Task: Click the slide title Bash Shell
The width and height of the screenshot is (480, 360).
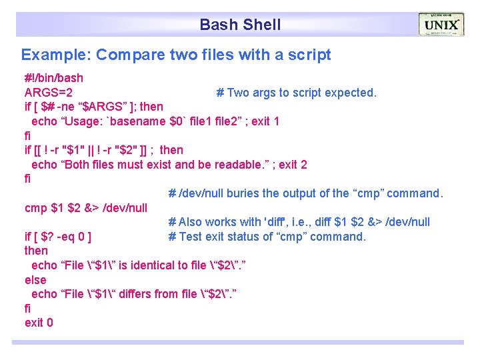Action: tap(240, 25)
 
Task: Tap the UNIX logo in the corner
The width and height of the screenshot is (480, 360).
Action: tap(441, 25)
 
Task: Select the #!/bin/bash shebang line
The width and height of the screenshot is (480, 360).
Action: tap(54, 78)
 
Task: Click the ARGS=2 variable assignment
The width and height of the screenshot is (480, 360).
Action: tap(49, 93)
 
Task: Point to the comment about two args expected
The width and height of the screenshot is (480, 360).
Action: tap(297, 93)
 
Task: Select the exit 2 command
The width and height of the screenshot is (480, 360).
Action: tap(293, 165)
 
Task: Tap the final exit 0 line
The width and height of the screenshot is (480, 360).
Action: tap(39, 323)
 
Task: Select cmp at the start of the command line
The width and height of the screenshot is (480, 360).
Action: tap(35, 208)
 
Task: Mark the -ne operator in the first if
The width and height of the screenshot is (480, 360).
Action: tap(67, 107)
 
